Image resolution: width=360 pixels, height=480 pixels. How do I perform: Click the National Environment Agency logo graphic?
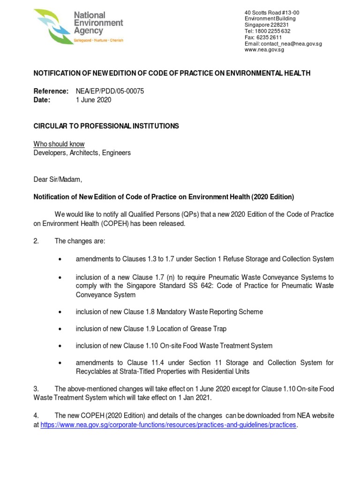tap(52, 27)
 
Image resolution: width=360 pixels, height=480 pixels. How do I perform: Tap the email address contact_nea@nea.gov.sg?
tap(291, 44)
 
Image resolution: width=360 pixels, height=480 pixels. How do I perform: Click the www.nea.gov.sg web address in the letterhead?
tap(264, 50)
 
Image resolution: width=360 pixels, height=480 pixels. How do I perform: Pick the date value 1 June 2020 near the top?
tap(94, 100)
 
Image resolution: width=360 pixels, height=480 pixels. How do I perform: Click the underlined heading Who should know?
tap(59, 144)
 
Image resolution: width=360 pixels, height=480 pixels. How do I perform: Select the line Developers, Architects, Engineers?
tap(82, 153)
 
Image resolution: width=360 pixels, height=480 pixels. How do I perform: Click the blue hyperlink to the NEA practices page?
tap(168, 425)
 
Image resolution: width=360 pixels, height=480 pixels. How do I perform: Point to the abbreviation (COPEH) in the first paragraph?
tap(111, 224)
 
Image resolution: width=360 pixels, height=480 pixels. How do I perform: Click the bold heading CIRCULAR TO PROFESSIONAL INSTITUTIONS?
tap(106, 126)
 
